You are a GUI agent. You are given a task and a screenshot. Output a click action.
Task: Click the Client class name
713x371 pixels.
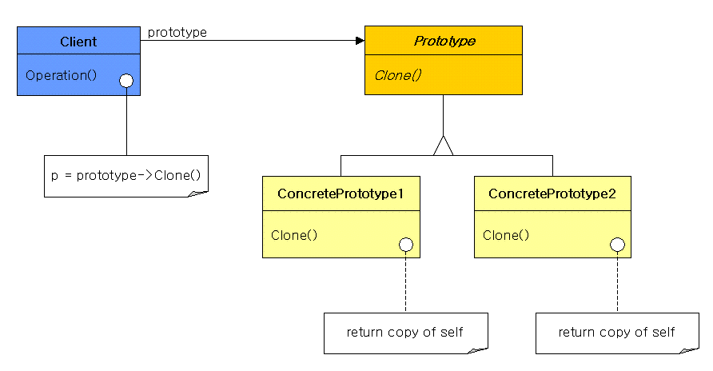[78, 42]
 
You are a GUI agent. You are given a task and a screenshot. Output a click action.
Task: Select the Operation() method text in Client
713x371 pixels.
[61, 75]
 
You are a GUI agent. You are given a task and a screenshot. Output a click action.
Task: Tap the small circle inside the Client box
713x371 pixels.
[126, 81]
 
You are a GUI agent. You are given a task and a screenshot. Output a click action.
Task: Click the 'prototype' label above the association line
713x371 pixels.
[177, 33]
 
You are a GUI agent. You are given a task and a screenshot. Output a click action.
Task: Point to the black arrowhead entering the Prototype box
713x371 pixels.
[360, 41]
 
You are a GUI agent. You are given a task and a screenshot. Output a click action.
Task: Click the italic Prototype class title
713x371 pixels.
[444, 41]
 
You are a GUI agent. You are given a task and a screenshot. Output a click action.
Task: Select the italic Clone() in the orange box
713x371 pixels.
[398, 75]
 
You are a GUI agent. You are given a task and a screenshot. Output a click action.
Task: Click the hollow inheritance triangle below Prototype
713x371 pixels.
[444, 146]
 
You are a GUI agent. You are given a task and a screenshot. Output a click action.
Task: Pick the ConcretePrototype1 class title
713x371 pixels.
[341, 193]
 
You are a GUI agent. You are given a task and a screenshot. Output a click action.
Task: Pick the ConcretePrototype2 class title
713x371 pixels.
[552, 193]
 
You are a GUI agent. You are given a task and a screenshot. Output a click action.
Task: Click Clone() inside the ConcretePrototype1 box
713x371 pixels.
[294, 235]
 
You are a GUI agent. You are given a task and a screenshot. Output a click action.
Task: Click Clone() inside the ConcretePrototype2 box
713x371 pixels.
[506, 235]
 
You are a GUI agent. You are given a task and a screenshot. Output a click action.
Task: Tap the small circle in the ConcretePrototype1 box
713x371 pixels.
[406, 245]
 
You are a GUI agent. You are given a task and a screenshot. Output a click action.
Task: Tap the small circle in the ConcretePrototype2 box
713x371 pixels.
[617, 245]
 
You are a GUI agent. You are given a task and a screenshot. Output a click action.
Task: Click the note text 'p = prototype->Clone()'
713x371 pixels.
[126, 175]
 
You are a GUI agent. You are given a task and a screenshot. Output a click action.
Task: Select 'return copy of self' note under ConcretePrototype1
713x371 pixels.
[404, 332]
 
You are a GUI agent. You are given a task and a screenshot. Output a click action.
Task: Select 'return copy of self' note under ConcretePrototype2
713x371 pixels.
[616, 332]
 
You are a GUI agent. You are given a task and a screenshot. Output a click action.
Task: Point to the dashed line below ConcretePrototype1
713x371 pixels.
[405, 282]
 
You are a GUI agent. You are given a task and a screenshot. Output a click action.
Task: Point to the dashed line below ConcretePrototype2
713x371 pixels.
[617, 282]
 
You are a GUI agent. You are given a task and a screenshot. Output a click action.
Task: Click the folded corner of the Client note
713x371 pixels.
[199, 193]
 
